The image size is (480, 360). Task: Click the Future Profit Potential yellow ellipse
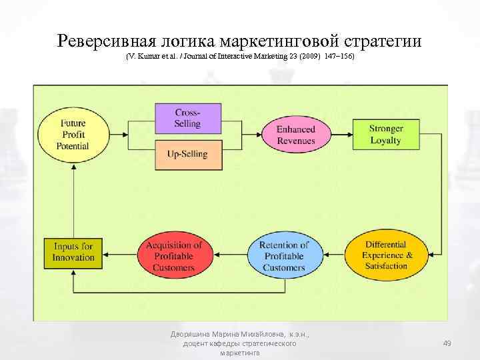74,134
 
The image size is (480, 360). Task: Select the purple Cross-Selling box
187,117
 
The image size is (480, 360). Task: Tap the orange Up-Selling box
187,154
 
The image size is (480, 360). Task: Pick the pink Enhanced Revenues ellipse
296,134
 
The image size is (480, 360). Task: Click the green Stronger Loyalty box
385,134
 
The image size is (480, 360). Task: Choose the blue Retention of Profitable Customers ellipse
284,255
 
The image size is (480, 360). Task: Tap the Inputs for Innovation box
74,252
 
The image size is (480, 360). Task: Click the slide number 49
447,343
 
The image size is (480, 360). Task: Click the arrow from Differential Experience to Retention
333,254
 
